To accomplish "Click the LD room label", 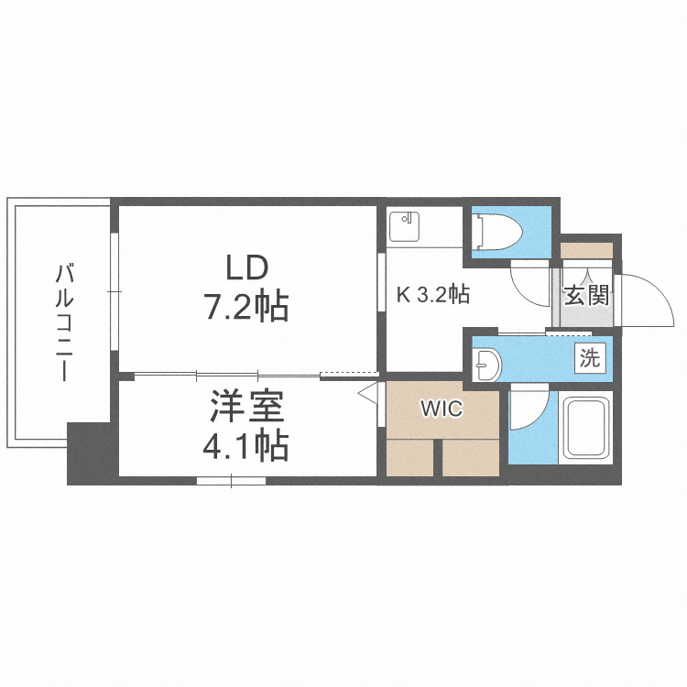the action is coord(246,267).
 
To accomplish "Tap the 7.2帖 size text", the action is coord(245,307).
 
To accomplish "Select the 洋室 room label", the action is coord(247,406).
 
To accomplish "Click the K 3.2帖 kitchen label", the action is coord(433,294).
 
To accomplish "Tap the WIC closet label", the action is coord(442,409).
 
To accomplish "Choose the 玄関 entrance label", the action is coord(586,295).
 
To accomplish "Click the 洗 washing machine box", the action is coord(590,358).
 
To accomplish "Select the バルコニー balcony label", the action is coord(64,322).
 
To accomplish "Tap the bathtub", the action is coord(587,429).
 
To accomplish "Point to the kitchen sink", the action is coord(404,226).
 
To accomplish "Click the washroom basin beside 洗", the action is coord(486,364).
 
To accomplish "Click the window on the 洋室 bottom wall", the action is coord(232,481).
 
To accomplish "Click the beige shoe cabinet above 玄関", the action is coord(586,250).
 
